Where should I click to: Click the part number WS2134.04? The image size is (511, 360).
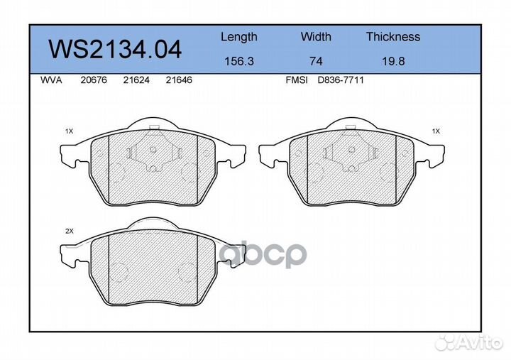[x=114, y=49]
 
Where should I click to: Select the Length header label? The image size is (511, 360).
[x=238, y=37]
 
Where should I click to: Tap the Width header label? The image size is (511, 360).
[x=316, y=37]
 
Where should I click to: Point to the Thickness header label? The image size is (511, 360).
[x=392, y=37]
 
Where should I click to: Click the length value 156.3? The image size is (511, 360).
[x=238, y=61]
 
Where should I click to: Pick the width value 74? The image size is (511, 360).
[x=316, y=61]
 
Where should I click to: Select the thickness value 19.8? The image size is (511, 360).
[x=392, y=61]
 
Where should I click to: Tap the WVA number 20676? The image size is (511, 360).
[x=93, y=80]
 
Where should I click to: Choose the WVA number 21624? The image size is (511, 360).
[x=136, y=80]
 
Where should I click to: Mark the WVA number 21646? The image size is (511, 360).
[x=179, y=80]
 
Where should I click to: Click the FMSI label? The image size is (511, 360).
[x=296, y=80]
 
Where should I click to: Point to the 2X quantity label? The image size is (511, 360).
[x=70, y=232]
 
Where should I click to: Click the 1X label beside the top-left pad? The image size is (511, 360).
[x=70, y=131]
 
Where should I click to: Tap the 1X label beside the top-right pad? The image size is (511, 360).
[x=436, y=131]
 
